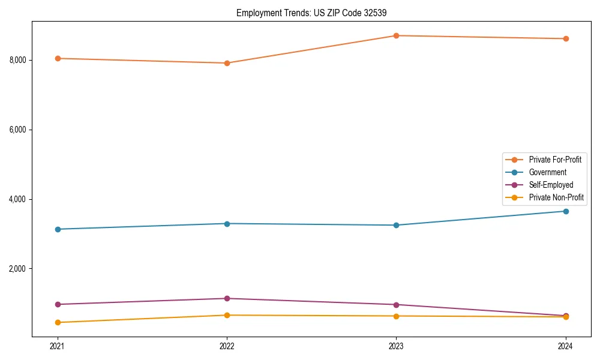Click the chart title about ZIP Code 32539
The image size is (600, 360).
[316, 13]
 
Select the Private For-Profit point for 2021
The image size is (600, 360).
[58, 58]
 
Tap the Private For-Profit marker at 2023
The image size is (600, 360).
[396, 35]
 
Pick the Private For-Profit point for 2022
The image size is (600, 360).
[227, 63]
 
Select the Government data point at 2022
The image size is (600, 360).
[227, 224]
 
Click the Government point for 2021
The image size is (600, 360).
[58, 229]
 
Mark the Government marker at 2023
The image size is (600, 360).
[396, 225]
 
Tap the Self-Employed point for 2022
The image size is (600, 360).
[227, 298]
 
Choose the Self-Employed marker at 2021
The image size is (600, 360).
[58, 304]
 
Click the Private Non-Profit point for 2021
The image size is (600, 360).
[58, 322]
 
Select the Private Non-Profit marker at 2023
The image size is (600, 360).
[396, 316]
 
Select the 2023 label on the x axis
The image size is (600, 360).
[396, 346]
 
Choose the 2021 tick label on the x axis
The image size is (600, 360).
[58, 346]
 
